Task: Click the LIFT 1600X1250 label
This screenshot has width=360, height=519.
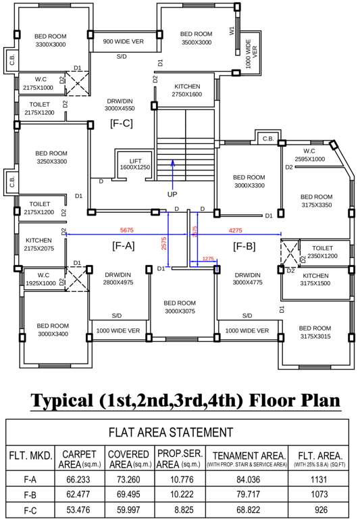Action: click(x=134, y=163)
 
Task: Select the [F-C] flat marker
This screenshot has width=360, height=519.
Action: click(x=122, y=122)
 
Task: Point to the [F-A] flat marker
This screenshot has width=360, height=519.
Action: click(x=124, y=247)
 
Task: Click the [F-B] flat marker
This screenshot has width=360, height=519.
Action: click(x=244, y=247)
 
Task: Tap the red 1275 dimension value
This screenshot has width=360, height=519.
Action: click(x=208, y=259)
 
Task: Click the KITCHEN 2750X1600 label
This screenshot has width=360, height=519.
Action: click(x=188, y=91)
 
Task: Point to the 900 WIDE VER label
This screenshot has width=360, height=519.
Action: click(x=123, y=41)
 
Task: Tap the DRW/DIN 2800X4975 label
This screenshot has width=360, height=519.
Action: click(x=118, y=279)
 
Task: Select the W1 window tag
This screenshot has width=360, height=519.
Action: click(x=232, y=30)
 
